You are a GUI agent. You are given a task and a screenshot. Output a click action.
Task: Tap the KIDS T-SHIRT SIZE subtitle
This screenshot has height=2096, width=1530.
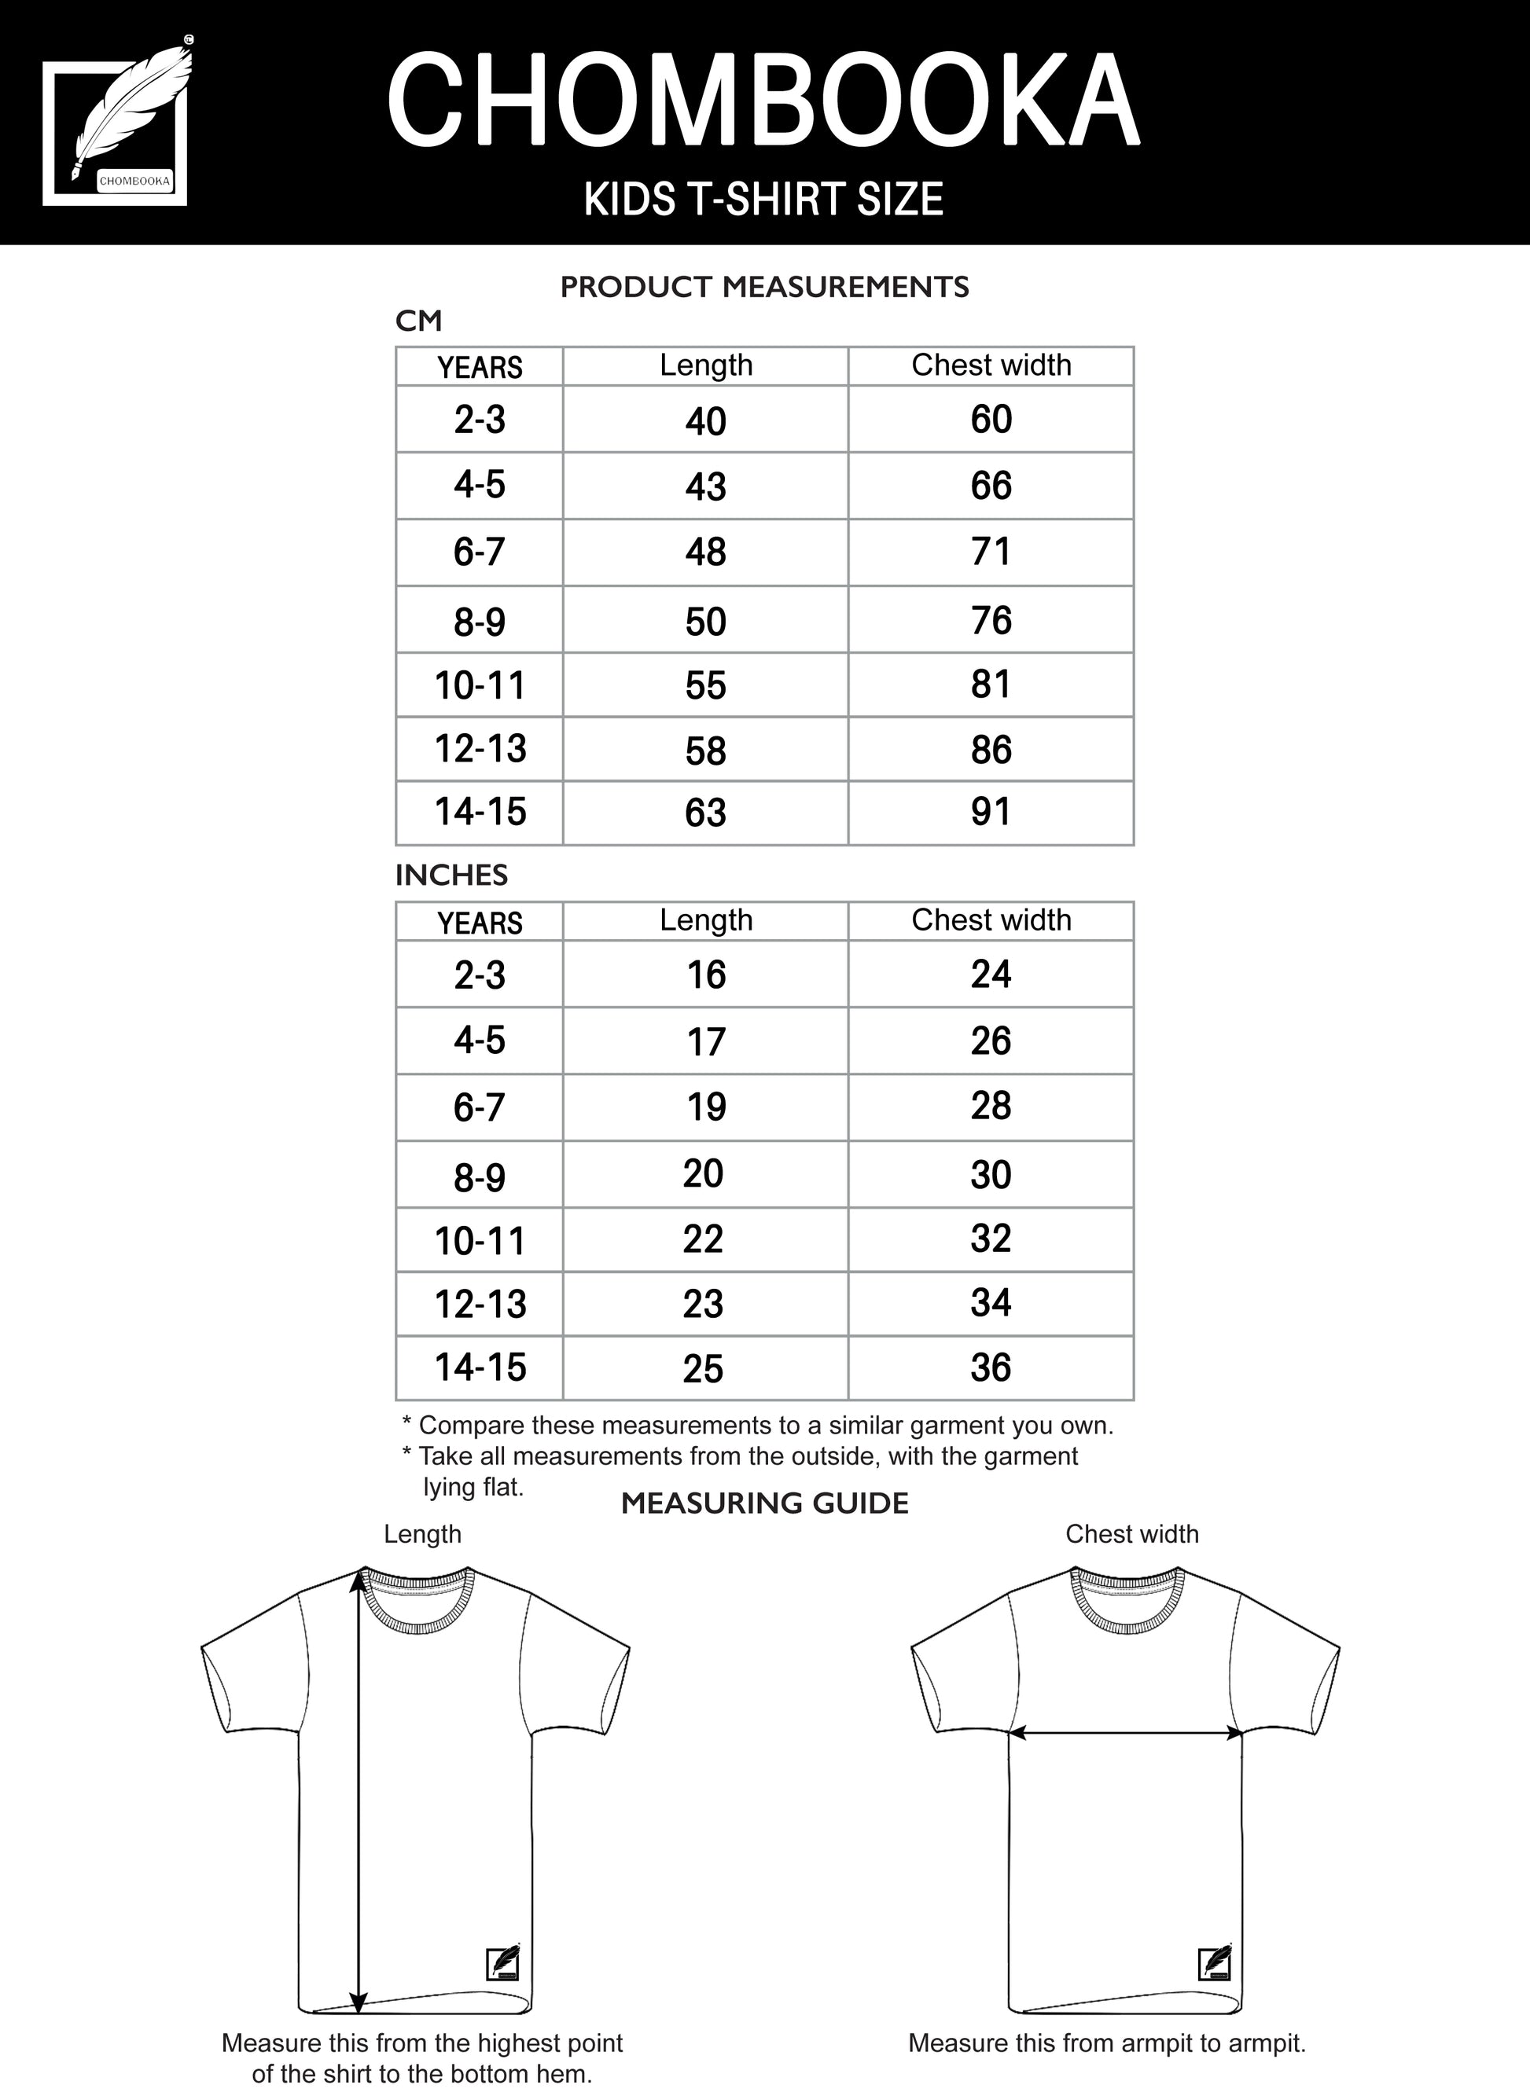tap(764, 199)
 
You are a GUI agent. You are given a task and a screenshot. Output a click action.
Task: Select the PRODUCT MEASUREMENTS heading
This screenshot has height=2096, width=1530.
tap(764, 287)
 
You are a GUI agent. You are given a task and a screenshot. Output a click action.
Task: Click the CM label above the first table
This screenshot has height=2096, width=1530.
tap(418, 321)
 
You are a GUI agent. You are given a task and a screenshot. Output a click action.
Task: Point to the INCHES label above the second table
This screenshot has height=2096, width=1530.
tap(451, 875)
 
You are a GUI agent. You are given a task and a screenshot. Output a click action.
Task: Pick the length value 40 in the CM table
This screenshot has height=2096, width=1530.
tap(706, 421)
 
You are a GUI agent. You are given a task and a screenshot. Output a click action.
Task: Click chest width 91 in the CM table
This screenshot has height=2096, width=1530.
tap(990, 812)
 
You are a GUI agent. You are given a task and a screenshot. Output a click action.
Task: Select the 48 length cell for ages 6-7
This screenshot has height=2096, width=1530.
tap(706, 552)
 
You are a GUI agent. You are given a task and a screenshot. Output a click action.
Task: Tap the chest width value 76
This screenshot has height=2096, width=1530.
tap(990, 620)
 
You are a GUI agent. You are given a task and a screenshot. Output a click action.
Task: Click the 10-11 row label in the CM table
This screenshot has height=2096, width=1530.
tap(480, 686)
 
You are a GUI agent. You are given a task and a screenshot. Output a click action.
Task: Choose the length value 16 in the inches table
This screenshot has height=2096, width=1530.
tap(706, 975)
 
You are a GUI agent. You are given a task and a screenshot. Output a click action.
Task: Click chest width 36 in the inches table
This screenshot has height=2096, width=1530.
tap(990, 1367)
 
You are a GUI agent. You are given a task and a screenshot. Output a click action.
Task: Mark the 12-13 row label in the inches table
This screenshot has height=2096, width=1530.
tap(480, 1305)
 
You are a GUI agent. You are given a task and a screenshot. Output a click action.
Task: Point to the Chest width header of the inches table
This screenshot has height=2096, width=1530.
tap(990, 920)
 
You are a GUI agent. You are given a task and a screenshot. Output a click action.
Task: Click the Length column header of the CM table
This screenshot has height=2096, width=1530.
tap(706, 365)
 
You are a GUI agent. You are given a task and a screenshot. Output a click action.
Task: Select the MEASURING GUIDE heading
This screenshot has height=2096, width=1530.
tap(764, 1503)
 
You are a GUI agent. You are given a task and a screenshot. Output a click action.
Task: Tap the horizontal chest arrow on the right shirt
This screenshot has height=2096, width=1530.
tap(1125, 1731)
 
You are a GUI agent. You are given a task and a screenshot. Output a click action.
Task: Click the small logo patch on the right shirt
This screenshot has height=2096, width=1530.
tap(1214, 1962)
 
